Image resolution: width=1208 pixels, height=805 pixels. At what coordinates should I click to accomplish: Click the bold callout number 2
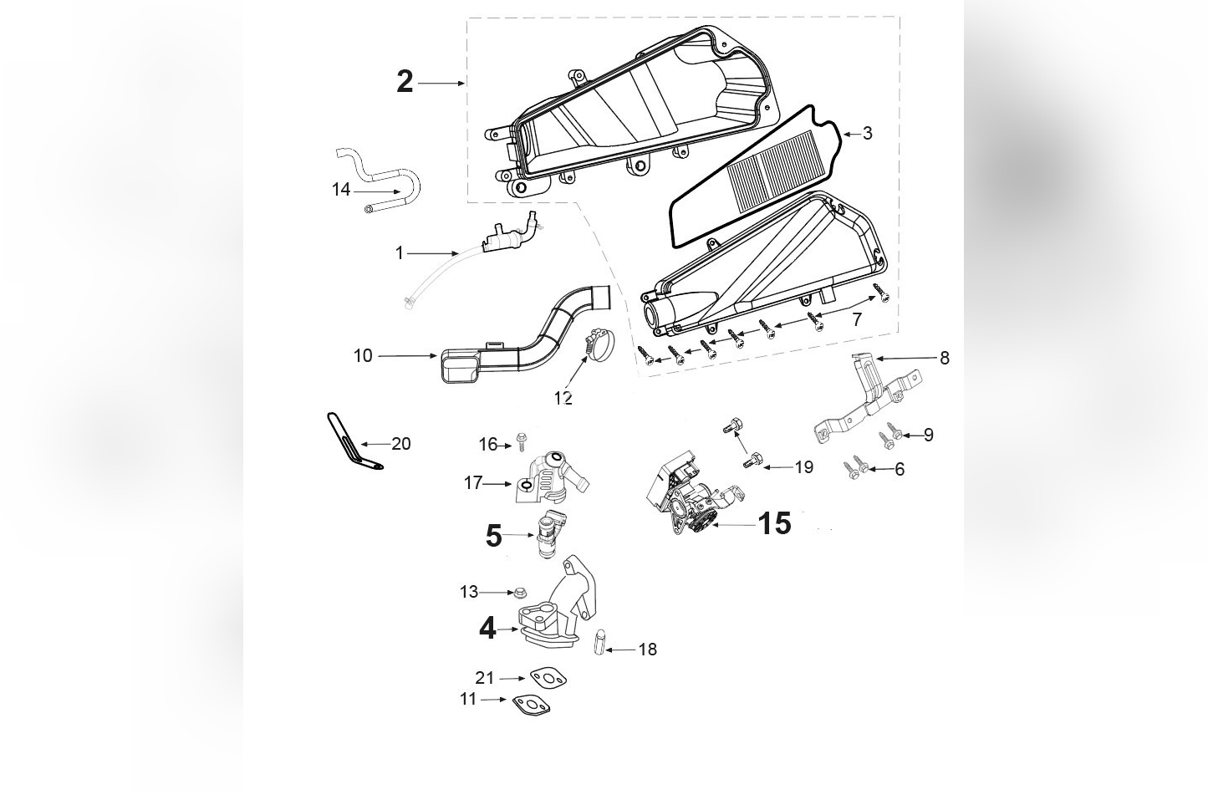pyautogui.click(x=405, y=82)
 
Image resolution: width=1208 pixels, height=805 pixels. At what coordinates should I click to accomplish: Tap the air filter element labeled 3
pyautogui.click(x=752, y=176)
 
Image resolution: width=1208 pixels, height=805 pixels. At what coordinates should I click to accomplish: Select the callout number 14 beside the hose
pyautogui.click(x=340, y=190)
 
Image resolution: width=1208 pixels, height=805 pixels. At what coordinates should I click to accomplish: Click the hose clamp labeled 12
pyautogui.click(x=598, y=344)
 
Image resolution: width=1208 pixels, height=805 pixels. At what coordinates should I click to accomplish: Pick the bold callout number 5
pyautogui.click(x=494, y=536)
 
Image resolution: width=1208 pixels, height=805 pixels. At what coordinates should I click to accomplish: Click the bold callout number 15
pyautogui.click(x=774, y=523)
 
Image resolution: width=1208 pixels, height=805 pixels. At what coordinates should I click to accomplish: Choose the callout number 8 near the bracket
pyautogui.click(x=945, y=358)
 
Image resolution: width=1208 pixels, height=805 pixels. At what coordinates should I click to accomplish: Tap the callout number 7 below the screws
pyautogui.click(x=856, y=319)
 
